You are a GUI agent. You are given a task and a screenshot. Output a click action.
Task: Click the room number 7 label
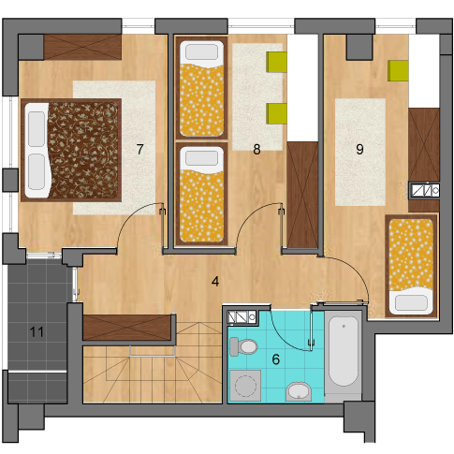point(139,149)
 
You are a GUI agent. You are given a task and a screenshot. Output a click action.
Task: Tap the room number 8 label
point(256,150)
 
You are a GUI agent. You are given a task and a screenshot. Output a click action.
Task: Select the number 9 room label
point(359,150)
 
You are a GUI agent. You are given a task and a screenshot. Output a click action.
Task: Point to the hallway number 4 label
point(215,282)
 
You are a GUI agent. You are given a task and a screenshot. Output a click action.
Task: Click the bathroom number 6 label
point(276,359)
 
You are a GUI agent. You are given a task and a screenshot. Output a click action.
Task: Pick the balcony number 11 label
point(37,332)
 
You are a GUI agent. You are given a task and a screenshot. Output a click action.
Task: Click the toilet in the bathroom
point(243,346)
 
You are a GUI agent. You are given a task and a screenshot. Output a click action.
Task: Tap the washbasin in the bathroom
point(299,391)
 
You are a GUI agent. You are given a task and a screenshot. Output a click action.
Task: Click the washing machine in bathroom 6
point(245,386)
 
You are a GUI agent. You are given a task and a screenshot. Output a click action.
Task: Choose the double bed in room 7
point(71,150)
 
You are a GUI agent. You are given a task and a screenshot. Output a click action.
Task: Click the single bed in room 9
point(411,266)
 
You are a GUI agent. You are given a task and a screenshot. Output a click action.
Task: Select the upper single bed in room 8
point(201,88)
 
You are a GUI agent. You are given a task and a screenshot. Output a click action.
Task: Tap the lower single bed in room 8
point(201,194)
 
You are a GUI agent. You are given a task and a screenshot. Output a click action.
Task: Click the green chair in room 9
point(398,71)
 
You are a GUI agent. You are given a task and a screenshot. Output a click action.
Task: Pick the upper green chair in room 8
point(276,62)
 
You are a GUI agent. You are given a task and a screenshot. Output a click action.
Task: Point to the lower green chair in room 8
point(276,114)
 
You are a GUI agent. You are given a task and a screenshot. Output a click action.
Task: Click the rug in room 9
point(360,153)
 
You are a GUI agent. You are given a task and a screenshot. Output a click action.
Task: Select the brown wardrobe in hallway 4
point(127,328)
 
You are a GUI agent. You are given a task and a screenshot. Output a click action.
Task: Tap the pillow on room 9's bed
point(411,302)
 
